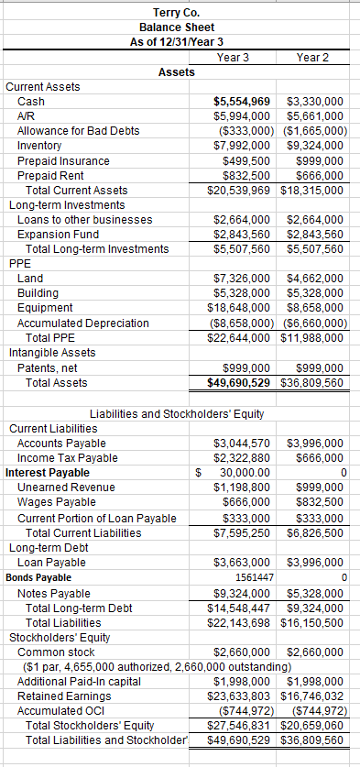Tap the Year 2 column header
click(x=313, y=58)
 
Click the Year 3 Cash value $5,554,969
click(x=241, y=102)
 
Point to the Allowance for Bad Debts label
click(x=78, y=131)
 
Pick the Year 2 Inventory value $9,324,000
click(x=315, y=146)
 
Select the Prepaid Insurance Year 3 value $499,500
click(x=246, y=160)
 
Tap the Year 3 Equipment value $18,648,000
click(x=241, y=307)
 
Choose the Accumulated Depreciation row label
click(x=83, y=323)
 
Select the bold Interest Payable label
click(x=47, y=472)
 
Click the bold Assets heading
click(x=176, y=71)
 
